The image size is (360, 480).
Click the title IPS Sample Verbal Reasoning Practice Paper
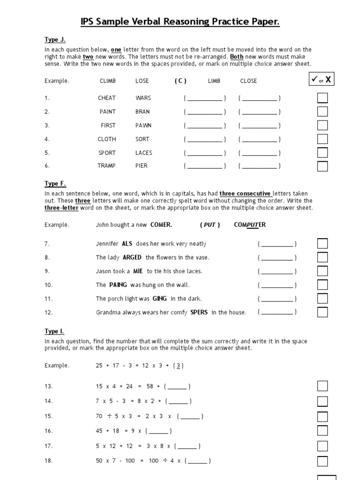click(180, 22)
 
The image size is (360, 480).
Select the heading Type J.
click(55, 40)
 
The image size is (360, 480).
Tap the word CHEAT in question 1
click(107, 98)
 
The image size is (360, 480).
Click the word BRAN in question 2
click(142, 112)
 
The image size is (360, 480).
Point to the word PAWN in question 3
click(143, 125)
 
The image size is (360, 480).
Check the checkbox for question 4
click(322, 139)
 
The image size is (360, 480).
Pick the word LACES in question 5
click(144, 153)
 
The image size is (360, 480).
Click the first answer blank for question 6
click(205, 166)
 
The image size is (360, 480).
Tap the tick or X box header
click(322, 80)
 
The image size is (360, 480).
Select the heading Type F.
click(55, 184)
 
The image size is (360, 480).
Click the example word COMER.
click(161, 225)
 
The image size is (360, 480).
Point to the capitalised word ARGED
click(132, 257)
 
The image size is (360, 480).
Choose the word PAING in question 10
click(118, 285)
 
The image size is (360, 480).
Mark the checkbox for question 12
click(322, 312)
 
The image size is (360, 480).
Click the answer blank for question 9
click(277, 271)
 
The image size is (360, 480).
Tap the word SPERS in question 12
click(199, 312)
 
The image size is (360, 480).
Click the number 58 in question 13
click(150, 386)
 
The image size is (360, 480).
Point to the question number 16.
click(49, 431)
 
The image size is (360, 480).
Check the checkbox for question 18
click(322, 461)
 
